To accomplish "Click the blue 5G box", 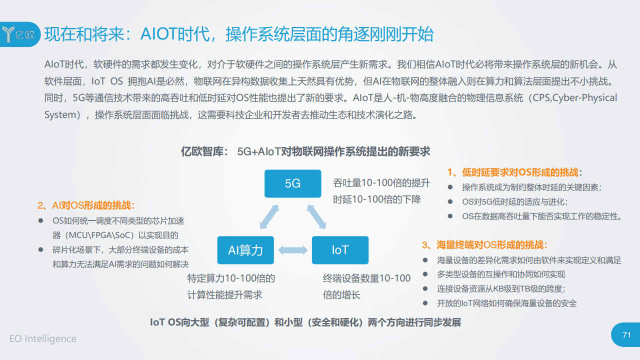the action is pyautogui.click(x=292, y=183).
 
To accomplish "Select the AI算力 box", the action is pyautogui.click(x=245, y=250).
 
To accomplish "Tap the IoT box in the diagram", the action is pyautogui.click(x=340, y=250).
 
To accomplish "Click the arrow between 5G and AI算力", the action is pyautogui.click(x=269, y=217).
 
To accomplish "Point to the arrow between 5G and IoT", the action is pyautogui.click(x=316, y=217).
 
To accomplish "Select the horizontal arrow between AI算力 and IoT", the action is pyautogui.click(x=293, y=250).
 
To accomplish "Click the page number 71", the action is pyautogui.click(x=626, y=334).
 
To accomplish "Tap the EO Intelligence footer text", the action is pyautogui.click(x=43, y=338).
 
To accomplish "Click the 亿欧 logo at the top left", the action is pyautogui.click(x=19, y=34).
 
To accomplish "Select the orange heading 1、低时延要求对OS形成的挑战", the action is pyautogui.click(x=514, y=172).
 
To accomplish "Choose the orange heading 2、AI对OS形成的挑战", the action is pyautogui.click(x=86, y=205).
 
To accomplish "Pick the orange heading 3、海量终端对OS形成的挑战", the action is pyautogui.click(x=484, y=245).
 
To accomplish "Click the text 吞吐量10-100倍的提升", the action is pyautogui.click(x=381, y=183).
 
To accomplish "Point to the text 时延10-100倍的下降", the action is pyautogui.click(x=377, y=199).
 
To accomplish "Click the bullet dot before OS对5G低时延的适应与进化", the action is pyautogui.click(x=450, y=201).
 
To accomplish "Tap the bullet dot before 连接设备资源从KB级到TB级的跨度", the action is pyautogui.click(x=425, y=288).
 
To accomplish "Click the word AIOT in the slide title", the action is pyautogui.click(x=159, y=34).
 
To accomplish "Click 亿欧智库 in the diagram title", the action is pyautogui.click(x=202, y=151).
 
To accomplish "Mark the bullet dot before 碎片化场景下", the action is pyautogui.click(x=40, y=249).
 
